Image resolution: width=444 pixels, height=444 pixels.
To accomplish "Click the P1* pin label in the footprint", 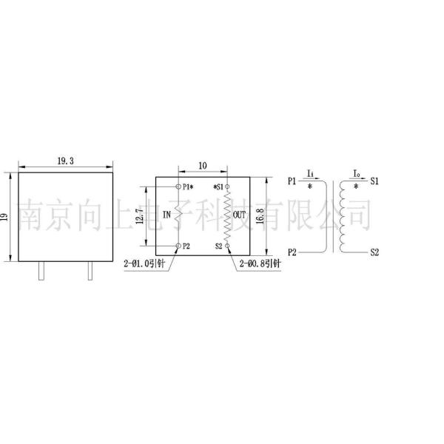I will pyautogui.click(x=188, y=186).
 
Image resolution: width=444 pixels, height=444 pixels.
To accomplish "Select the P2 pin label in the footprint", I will pyautogui.click(x=186, y=246).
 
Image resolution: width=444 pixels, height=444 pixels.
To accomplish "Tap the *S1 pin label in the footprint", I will pyautogui.click(x=218, y=186).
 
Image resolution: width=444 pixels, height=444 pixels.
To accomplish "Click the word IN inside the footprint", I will pyautogui.click(x=166, y=215).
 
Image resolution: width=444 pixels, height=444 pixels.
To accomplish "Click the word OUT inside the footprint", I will pyautogui.click(x=239, y=215).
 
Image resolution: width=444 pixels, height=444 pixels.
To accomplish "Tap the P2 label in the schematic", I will pyautogui.click(x=292, y=252).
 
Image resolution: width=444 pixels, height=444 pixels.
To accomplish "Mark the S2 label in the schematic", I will pyautogui.click(x=374, y=252).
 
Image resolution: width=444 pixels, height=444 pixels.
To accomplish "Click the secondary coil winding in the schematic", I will pyautogui.click(x=343, y=216).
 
